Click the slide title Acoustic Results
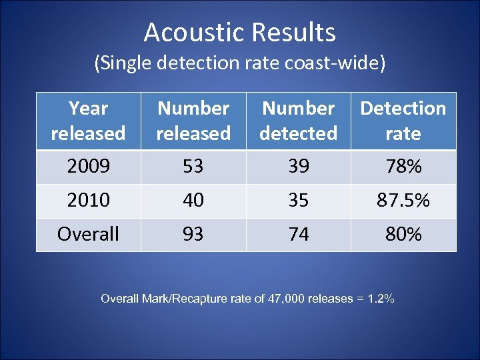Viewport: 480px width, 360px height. [x=239, y=32]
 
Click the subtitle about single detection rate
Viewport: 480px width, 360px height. [x=239, y=63]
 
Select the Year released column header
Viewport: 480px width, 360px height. [x=88, y=121]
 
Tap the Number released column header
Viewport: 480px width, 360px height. [x=193, y=121]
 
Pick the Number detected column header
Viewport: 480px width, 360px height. [x=298, y=121]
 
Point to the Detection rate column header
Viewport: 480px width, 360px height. [x=403, y=121]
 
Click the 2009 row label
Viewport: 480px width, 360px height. [x=88, y=167]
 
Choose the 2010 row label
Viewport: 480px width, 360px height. [x=88, y=201]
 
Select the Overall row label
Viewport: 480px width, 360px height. [x=88, y=235]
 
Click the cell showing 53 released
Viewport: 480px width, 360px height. [x=193, y=167]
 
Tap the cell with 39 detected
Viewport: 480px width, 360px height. [x=299, y=167]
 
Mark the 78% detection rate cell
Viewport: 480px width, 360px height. [x=403, y=167]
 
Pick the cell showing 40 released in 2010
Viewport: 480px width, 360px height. [x=193, y=201]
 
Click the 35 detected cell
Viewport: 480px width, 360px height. [x=299, y=201]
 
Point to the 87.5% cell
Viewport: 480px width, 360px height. [x=403, y=201]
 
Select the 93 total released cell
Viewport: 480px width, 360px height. [x=193, y=235]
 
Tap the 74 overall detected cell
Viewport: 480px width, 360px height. [x=299, y=235]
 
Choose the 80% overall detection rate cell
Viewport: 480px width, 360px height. [x=403, y=235]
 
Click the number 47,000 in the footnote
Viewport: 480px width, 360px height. [x=285, y=299]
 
